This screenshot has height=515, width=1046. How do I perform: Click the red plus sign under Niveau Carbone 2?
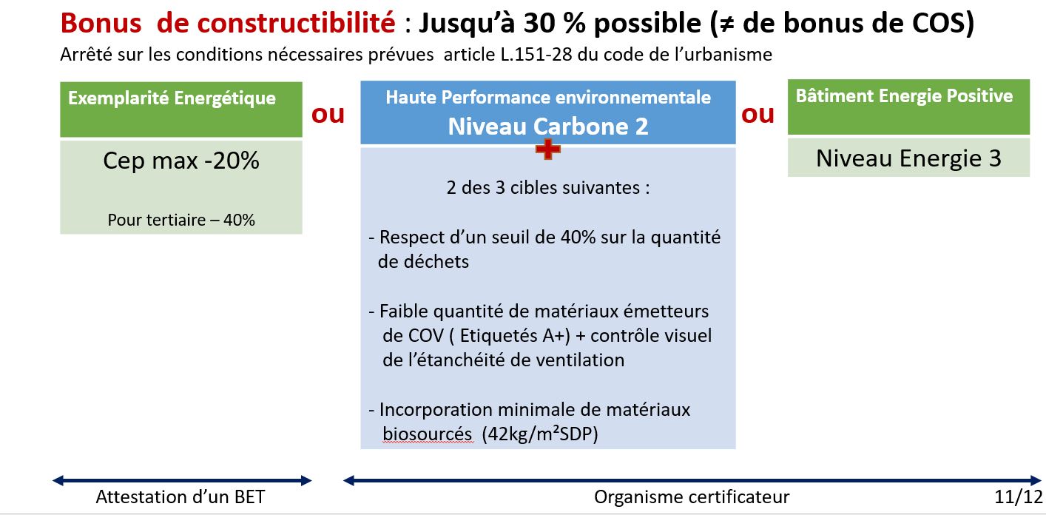[547, 149]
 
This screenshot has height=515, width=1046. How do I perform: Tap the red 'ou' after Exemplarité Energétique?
[328, 115]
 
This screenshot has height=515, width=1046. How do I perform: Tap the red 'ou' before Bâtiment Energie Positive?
[757, 115]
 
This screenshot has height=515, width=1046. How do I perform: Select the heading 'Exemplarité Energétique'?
[172, 98]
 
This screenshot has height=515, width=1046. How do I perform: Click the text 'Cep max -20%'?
[181, 161]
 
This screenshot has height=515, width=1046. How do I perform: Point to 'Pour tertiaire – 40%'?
[181, 220]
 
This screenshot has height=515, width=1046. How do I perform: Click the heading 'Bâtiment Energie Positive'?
[904, 95]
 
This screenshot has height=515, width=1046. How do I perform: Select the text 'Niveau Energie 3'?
[908, 159]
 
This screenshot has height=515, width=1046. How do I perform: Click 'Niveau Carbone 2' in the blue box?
[547, 127]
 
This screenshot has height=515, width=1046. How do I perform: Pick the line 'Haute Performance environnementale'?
[547, 98]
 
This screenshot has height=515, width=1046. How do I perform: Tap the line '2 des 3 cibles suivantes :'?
[547, 188]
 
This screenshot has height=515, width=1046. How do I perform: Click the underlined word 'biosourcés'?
[428, 434]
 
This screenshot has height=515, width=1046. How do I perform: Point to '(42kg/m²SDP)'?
[540, 434]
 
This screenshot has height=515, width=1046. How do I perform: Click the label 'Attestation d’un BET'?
[180, 497]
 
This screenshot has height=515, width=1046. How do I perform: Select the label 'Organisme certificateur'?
[692, 497]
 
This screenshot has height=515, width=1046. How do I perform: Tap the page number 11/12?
[1019, 497]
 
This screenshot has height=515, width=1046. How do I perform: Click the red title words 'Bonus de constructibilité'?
[228, 22]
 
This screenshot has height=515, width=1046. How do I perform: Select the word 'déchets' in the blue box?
[423, 261]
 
